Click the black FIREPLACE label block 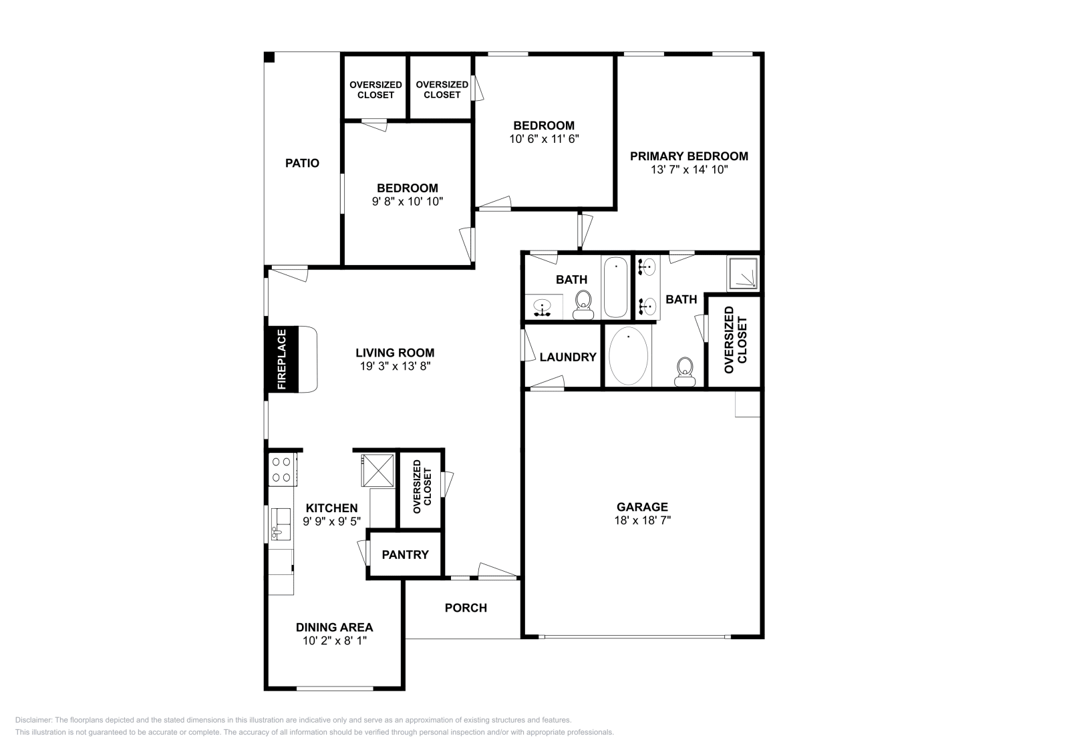[x=281, y=359]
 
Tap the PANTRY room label [x=405, y=555]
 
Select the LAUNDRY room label [x=568, y=357]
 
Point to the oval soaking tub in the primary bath [x=628, y=355]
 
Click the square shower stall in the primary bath [x=742, y=274]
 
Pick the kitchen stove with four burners [x=281, y=469]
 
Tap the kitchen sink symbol [x=280, y=524]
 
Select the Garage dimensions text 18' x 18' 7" [x=642, y=520]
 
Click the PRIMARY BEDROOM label [x=689, y=156]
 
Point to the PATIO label [x=302, y=163]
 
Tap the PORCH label [x=466, y=608]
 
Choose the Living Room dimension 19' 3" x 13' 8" [x=395, y=366]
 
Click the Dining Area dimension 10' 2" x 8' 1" [x=334, y=640]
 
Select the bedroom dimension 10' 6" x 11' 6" [x=543, y=139]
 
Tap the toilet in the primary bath [x=685, y=371]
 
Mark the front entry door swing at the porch [x=498, y=570]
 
